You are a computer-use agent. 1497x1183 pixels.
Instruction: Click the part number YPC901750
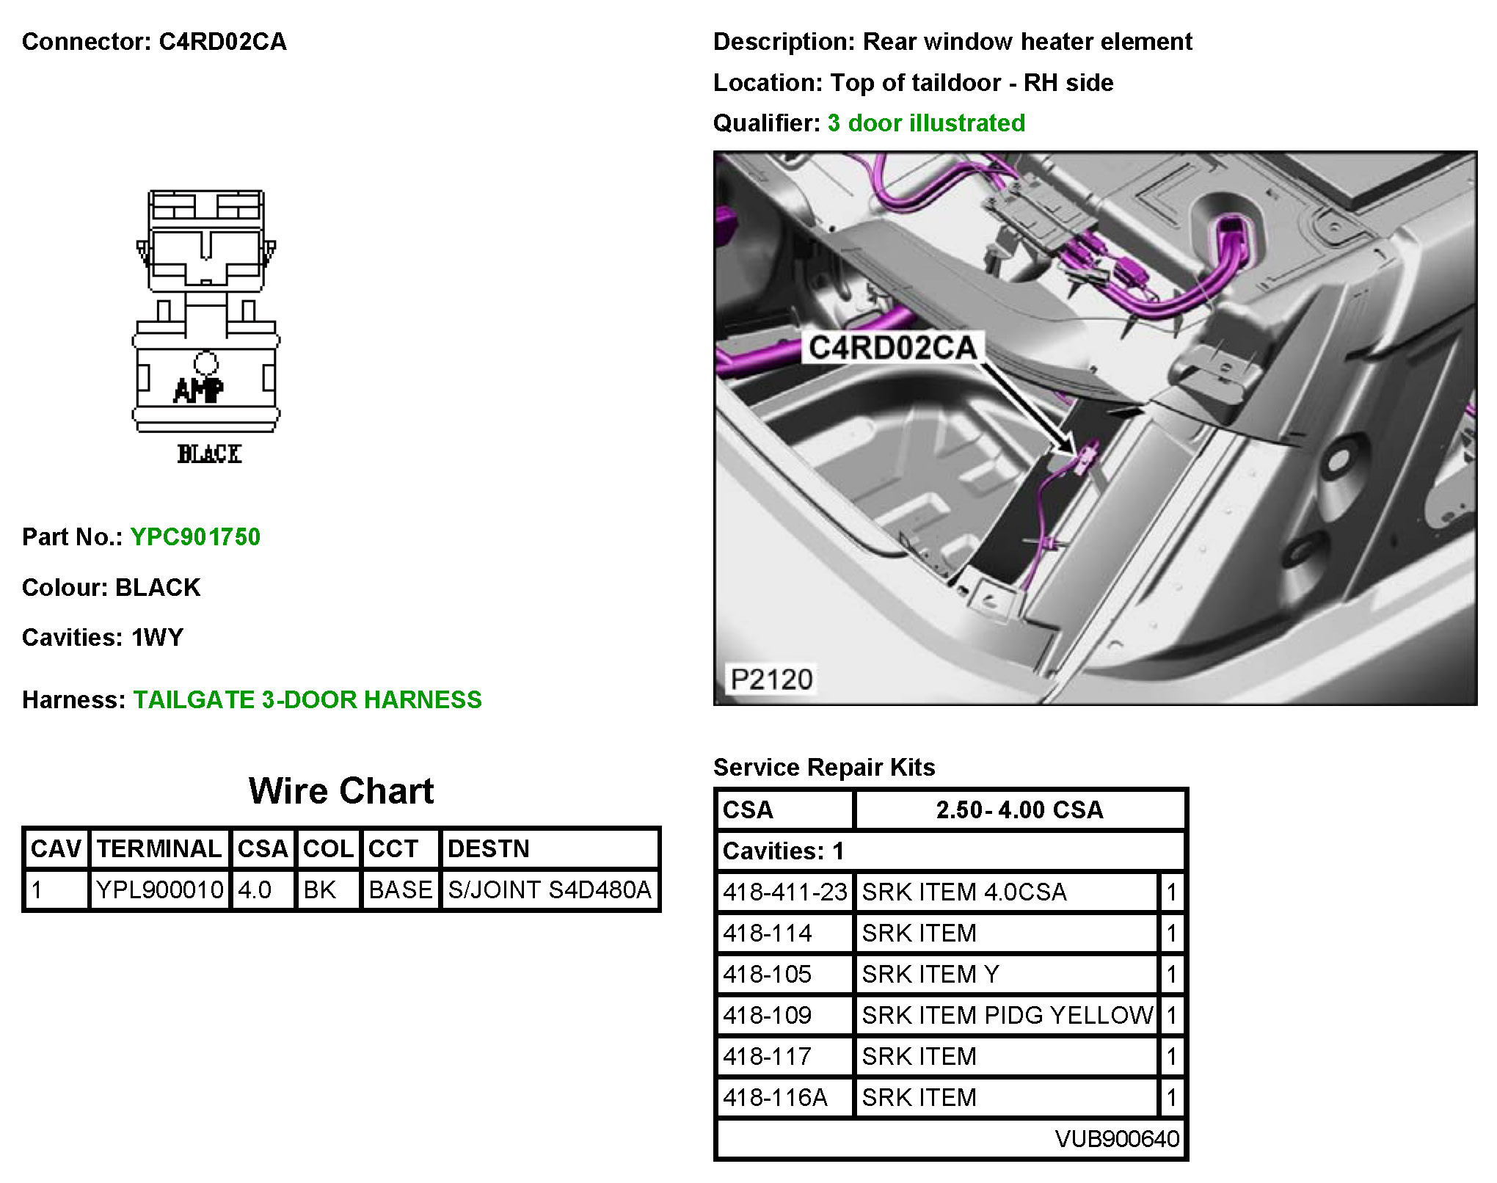(195, 536)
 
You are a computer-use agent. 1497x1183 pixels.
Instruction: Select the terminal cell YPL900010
(159, 889)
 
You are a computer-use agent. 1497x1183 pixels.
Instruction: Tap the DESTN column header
(488, 848)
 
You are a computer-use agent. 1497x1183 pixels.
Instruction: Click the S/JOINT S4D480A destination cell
(549, 889)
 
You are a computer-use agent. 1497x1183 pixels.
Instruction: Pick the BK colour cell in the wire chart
(319, 889)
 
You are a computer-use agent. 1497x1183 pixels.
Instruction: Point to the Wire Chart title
(341, 790)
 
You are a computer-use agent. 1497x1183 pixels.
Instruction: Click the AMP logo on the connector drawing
(198, 389)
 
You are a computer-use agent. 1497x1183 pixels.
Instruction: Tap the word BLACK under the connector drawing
(209, 454)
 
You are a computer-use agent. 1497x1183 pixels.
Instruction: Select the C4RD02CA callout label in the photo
(892, 347)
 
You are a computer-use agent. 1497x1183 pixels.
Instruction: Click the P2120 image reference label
(771, 679)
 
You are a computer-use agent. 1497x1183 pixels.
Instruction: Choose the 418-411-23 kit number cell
(784, 892)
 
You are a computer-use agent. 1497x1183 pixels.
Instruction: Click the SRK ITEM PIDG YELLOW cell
(1007, 1015)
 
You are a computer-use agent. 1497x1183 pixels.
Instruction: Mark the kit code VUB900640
(1116, 1138)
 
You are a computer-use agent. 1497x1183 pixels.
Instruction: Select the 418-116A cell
(775, 1097)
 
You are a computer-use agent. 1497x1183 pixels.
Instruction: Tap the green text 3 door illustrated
(926, 123)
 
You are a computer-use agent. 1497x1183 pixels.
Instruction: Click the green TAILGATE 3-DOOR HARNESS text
(307, 699)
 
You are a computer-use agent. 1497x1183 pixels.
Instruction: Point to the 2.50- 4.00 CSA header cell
(1019, 809)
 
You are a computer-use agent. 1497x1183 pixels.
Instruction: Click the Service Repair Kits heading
(824, 767)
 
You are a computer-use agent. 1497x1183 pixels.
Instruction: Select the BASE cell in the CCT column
(400, 889)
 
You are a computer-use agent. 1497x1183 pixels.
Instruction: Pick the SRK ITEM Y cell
(930, 974)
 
